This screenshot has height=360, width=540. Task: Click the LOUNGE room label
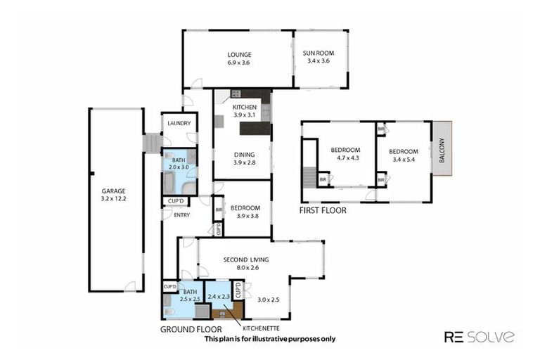pyautogui.click(x=239, y=54)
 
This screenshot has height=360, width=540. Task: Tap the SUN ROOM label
pyautogui.click(x=319, y=54)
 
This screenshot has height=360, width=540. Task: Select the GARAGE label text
pyautogui.click(x=112, y=191)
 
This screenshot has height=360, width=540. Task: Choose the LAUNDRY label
pyautogui.click(x=179, y=123)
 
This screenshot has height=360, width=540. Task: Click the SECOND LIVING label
pyautogui.click(x=245, y=259)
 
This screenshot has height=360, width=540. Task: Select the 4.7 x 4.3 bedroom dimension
pyautogui.click(x=345, y=158)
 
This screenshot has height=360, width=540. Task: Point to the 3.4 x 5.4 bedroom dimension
pyautogui.click(x=404, y=160)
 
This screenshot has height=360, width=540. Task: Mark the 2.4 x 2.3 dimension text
pyautogui.click(x=219, y=297)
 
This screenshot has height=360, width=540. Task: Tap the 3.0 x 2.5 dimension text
pyautogui.click(x=268, y=300)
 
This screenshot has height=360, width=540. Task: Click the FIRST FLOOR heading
pyautogui.click(x=323, y=210)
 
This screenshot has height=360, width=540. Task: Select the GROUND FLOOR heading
pyautogui.click(x=191, y=329)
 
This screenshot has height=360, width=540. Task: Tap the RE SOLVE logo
pyautogui.click(x=479, y=336)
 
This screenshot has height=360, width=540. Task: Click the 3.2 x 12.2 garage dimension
pyautogui.click(x=112, y=199)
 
